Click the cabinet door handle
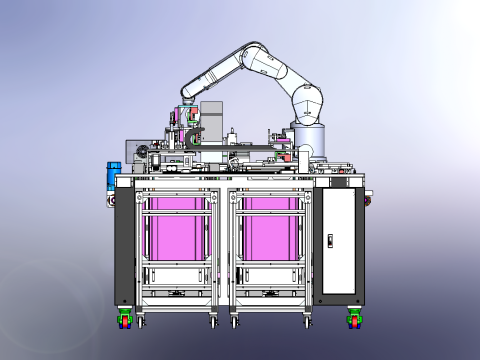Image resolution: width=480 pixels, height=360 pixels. [330, 240]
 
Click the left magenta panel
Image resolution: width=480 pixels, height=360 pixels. [178, 229]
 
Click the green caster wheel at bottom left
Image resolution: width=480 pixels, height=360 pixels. [125, 320]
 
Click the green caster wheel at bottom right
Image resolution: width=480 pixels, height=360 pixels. [354, 320]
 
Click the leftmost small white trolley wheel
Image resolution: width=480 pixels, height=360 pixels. [140, 322]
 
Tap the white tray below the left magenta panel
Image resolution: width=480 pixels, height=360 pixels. [178, 276]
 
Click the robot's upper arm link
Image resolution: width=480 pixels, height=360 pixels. [285, 75]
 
